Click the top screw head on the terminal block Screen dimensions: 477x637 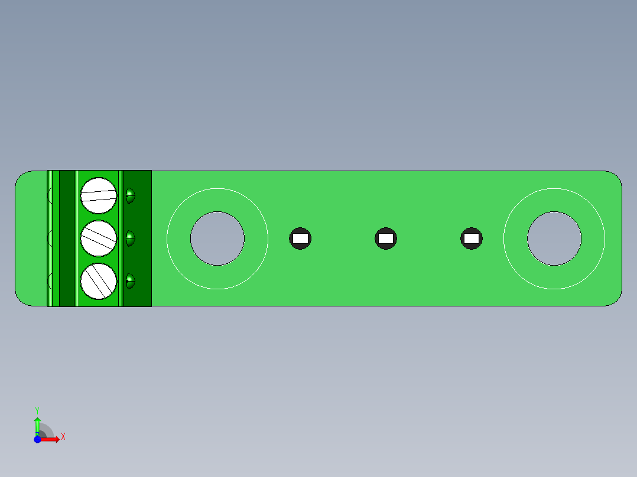pyautogui.click(x=99, y=195)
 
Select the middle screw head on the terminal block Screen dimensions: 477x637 pyautogui.click(x=99, y=238)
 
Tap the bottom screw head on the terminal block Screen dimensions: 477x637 pyautogui.click(x=99, y=281)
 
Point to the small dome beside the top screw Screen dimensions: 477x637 pyautogui.click(x=130, y=196)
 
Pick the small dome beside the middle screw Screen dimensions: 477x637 pyautogui.click(x=130, y=239)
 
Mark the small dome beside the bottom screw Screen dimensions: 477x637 pyautogui.click(x=130, y=281)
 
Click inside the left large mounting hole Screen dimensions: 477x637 pyautogui.click(x=217, y=238)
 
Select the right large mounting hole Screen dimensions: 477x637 pyautogui.click(x=554, y=238)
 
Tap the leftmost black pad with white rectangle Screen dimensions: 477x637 pyautogui.click(x=300, y=238)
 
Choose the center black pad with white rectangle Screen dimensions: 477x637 pyautogui.click(x=386, y=238)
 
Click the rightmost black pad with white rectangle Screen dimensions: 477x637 pyautogui.click(x=471, y=238)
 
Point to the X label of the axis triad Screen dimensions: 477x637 pyautogui.click(x=63, y=437)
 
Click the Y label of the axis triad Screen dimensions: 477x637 pyautogui.click(x=37, y=410)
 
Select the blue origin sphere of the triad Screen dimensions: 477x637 pyautogui.click(x=37, y=439)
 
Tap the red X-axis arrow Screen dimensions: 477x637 pyautogui.click(x=51, y=439)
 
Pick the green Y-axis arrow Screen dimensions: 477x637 pyautogui.click(x=37, y=425)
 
